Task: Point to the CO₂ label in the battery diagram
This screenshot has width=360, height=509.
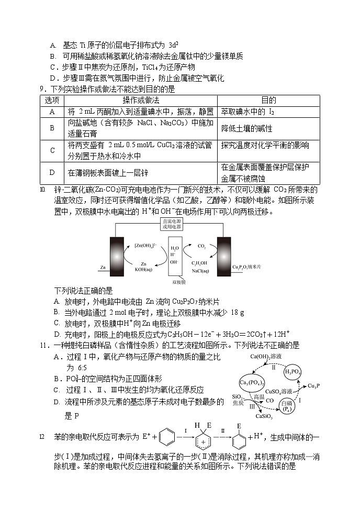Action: [x=201, y=245]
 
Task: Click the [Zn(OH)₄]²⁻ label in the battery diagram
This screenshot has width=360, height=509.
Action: [x=144, y=245]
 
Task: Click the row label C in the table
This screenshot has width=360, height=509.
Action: [x=52, y=150]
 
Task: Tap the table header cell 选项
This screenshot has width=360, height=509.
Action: [x=52, y=100]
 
